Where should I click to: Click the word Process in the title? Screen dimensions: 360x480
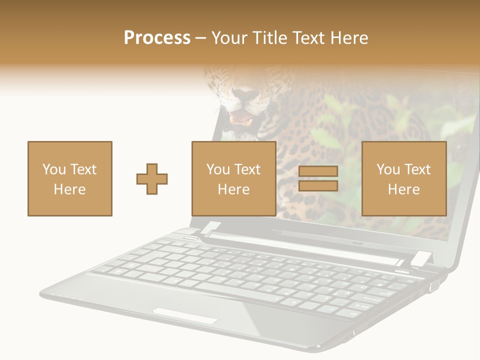[157, 38]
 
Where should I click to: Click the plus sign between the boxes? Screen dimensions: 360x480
[152, 178]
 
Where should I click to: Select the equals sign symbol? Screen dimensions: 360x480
[318, 178]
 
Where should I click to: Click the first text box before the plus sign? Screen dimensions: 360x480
[69, 178]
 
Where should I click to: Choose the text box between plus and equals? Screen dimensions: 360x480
[233, 178]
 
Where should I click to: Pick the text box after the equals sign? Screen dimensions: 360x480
[403, 178]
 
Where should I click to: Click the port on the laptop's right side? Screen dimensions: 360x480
[434, 285]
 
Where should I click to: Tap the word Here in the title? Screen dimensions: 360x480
[348, 38]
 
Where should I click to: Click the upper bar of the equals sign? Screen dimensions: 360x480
[318, 171]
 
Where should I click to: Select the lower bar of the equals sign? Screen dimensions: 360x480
[318, 186]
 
